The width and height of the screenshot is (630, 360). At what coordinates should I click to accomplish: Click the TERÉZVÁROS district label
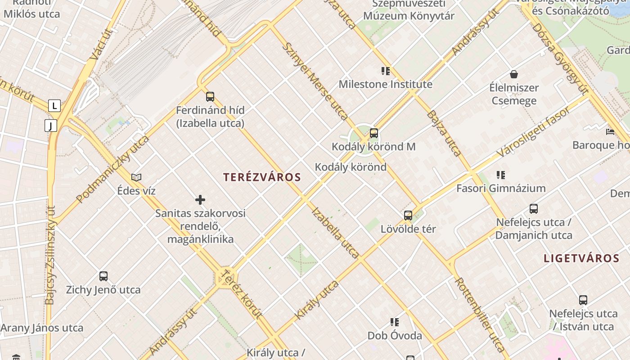(262, 177)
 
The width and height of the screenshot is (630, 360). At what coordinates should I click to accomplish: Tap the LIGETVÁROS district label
(581, 258)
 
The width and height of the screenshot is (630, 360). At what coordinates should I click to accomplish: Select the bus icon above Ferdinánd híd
(210, 96)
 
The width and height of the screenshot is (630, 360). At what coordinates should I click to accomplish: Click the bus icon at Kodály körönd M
(374, 133)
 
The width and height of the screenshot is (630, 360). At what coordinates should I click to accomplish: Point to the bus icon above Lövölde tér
(408, 216)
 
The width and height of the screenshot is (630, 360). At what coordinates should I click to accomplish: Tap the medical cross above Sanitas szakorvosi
(200, 200)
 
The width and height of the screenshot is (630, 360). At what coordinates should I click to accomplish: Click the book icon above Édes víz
(136, 177)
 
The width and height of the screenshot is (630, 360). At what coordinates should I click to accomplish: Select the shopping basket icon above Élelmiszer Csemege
(514, 74)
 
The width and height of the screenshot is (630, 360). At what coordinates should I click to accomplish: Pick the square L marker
(54, 106)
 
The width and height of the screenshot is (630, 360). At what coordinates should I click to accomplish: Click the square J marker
(51, 126)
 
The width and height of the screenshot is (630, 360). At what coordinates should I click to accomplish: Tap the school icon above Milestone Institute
(385, 71)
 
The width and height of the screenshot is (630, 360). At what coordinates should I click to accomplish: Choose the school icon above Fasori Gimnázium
(501, 175)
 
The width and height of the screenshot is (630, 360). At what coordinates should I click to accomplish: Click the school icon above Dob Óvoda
(395, 322)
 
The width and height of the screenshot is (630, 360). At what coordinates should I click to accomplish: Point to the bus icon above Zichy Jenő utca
(103, 276)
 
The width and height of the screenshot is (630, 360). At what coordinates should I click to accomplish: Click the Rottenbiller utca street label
(480, 314)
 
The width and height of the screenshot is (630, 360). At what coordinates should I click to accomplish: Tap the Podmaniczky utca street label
(112, 169)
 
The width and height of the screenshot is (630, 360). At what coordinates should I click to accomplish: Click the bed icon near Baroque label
(610, 132)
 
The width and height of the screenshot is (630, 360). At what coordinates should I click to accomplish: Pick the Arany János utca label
(42, 328)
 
